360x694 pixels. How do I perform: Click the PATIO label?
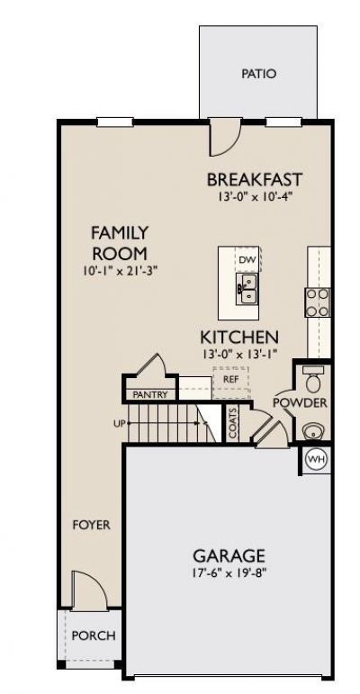click(259, 74)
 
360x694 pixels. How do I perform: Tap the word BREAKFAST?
click(255, 180)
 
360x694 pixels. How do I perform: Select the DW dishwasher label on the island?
click(247, 259)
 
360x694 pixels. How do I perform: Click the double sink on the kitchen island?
click(247, 289)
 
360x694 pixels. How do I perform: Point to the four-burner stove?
click(318, 302)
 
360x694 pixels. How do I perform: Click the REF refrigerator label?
click(230, 379)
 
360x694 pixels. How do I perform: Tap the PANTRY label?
click(150, 394)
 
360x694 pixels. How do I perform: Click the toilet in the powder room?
click(314, 379)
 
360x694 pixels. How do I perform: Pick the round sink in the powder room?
click(313, 430)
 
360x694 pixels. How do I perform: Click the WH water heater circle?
click(316, 459)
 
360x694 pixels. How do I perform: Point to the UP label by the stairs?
click(119, 423)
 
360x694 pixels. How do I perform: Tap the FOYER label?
click(91, 525)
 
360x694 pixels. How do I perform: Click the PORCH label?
click(94, 635)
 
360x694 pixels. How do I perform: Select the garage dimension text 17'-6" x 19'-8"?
click(229, 572)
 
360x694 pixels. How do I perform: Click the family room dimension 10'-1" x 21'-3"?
click(120, 270)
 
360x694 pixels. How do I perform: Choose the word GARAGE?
click(229, 555)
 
